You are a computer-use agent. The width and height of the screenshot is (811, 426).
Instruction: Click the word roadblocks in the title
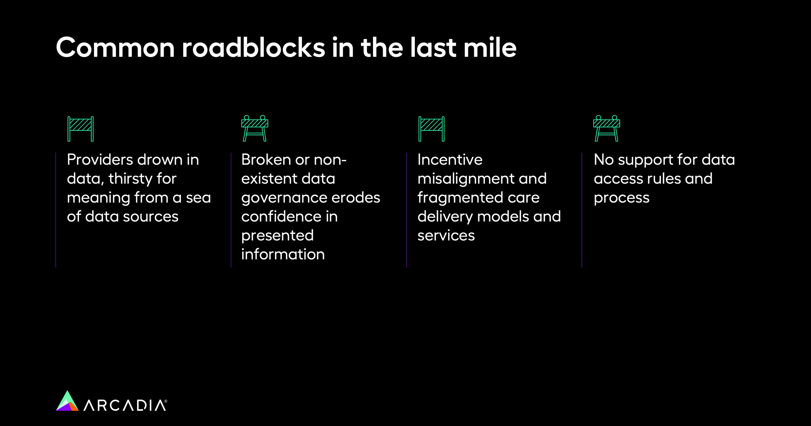coord(253,48)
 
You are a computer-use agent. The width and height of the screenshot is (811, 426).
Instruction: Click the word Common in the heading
coord(115,48)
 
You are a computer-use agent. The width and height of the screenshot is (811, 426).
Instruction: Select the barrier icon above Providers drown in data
coord(80,129)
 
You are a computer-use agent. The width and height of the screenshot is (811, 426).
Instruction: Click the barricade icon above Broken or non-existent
coord(255,128)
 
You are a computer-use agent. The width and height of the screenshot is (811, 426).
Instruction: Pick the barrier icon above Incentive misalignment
coord(432,129)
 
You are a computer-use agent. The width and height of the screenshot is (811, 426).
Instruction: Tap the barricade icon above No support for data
coord(607,128)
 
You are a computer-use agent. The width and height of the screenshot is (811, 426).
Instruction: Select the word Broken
coord(266,160)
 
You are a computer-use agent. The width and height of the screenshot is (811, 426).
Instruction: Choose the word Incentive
coord(450,160)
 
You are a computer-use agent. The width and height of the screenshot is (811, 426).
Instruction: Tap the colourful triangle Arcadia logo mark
coord(67,401)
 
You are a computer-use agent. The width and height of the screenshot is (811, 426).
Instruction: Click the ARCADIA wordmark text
coord(125,405)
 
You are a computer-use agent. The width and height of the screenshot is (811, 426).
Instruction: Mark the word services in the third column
coord(446,236)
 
